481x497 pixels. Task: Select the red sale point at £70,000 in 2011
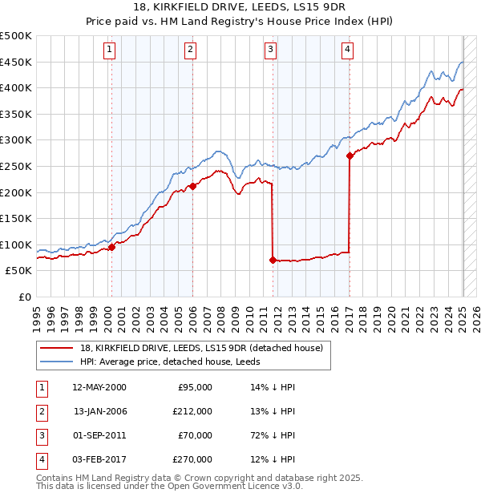273,260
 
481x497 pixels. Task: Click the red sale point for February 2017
350,156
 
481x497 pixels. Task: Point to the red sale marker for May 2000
112,247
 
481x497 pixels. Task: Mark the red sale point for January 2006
192,186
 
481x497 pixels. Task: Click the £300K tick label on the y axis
15,140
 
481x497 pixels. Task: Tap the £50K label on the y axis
18,271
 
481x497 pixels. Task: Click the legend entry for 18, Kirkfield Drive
200,347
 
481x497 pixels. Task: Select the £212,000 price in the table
192,411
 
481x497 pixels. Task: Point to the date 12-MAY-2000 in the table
99,387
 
